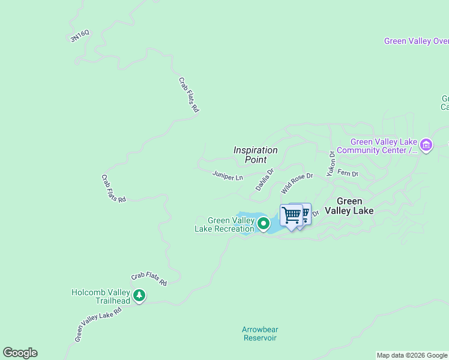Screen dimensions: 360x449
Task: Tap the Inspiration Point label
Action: pyautogui.click(x=256, y=155)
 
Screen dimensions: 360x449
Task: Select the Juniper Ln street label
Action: pyautogui.click(x=228, y=176)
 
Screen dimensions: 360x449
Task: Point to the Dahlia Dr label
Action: pyautogui.click(x=264, y=179)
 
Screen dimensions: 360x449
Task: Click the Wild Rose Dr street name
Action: pyautogui.click(x=297, y=184)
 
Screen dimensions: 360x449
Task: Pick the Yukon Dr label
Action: pyautogui.click(x=330, y=163)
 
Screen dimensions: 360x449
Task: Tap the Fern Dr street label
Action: pyautogui.click(x=348, y=173)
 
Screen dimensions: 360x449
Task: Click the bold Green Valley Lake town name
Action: pyautogui.click(x=349, y=206)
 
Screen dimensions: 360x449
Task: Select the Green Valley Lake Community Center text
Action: pyautogui.click(x=376, y=146)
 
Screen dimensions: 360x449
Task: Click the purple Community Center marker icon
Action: pyautogui.click(x=426, y=145)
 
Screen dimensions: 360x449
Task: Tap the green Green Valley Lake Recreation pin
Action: pyautogui.click(x=263, y=224)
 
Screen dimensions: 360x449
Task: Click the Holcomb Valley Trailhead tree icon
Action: pyautogui.click(x=139, y=295)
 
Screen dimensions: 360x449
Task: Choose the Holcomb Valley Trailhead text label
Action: pyautogui.click(x=101, y=296)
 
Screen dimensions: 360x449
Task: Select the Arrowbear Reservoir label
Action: pyautogui.click(x=259, y=334)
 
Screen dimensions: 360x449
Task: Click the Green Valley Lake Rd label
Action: pyautogui.click(x=98, y=325)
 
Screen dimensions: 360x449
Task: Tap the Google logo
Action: pyautogui.click(x=20, y=353)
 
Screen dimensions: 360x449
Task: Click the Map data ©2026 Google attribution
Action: pyautogui.click(x=412, y=355)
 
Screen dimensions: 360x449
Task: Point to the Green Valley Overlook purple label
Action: pyautogui.click(x=416, y=41)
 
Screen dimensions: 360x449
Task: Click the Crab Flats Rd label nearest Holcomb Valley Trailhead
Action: pyautogui.click(x=149, y=278)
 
